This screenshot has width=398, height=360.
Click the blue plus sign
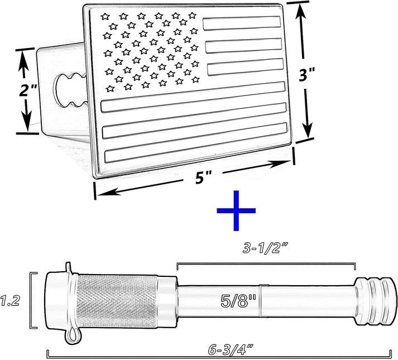[236, 210]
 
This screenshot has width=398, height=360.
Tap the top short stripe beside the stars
[242, 23]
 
